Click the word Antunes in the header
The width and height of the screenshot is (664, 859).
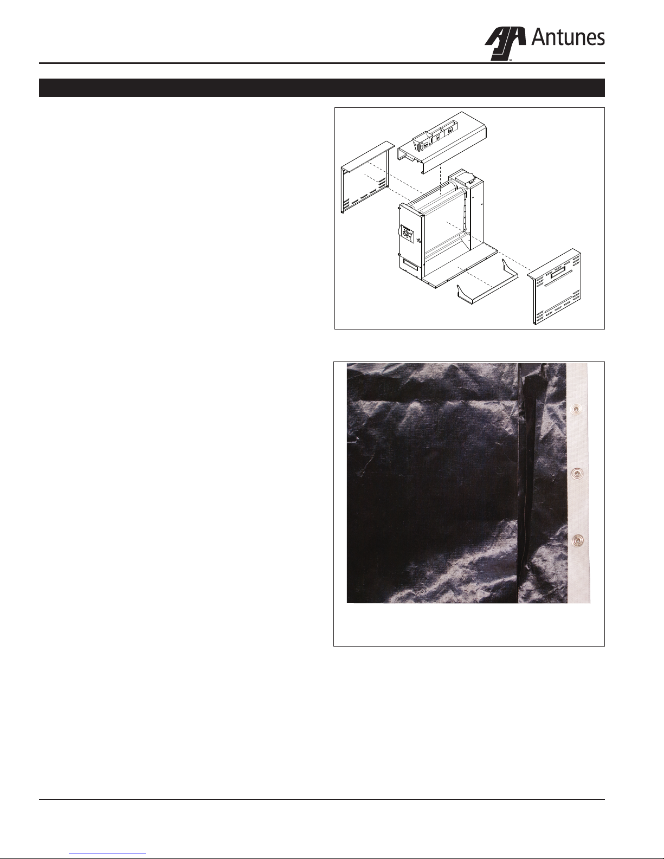coord(568,38)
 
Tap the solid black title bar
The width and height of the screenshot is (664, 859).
coord(322,88)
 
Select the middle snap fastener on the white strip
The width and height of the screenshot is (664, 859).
coord(578,472)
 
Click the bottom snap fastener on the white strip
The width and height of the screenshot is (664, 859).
coord(578,539)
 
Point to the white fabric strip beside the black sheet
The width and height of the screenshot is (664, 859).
coord(579,483)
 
